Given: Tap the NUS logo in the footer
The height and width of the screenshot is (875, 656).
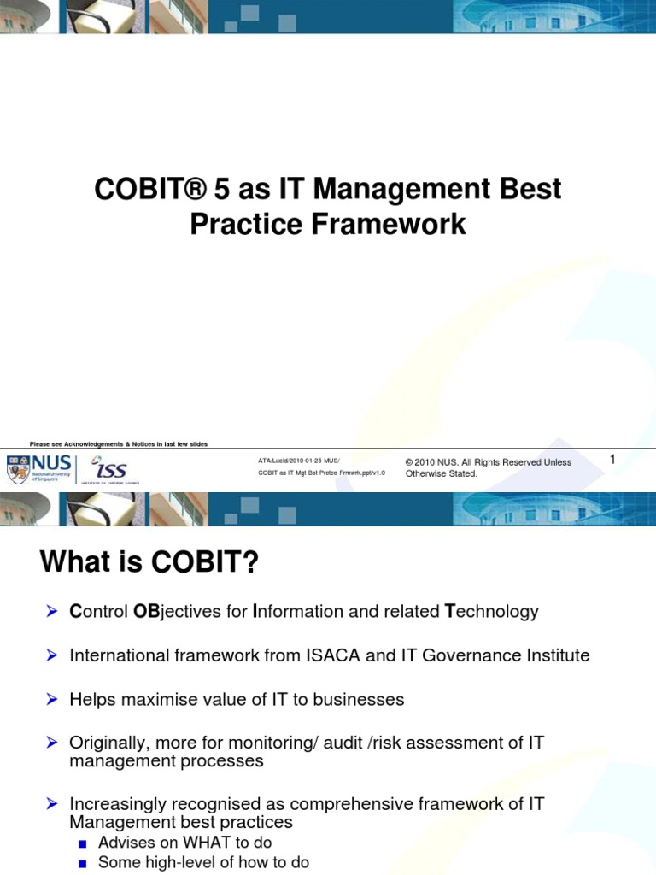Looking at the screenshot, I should [40, 469].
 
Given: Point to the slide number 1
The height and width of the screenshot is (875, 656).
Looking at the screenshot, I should [612, 460].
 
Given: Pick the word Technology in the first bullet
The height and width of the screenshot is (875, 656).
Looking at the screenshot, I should [492, 611].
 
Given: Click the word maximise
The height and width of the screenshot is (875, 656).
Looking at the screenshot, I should [159, 699].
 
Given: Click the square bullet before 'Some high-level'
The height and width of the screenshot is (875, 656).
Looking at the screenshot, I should [83, 864].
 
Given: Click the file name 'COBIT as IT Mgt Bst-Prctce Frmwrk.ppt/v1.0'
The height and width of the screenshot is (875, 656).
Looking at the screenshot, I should [321, 473].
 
